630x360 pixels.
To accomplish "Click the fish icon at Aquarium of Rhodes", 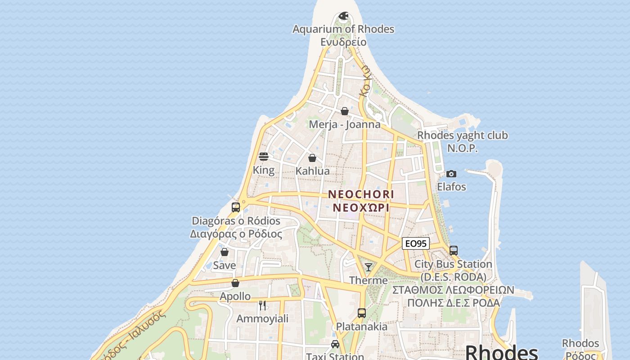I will click(343, 17).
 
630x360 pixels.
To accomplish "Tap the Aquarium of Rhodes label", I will click(343, 29).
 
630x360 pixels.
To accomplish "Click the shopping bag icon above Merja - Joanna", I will click(345, 111).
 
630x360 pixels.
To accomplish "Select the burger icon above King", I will click(264, 157).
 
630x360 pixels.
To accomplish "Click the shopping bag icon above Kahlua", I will click(312, 158).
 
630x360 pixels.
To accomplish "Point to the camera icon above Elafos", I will click(451, 174).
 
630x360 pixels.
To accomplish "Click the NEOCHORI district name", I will click(361, 194).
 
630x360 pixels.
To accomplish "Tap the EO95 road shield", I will click(415, 244).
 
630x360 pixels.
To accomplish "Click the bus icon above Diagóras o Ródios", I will click(236, 207).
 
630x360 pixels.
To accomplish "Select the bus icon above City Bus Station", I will click(454, 251).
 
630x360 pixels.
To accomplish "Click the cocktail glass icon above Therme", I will click(369, 267).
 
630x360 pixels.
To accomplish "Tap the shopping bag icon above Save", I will click(225, 252).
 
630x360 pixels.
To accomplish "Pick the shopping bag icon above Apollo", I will click(235, 283).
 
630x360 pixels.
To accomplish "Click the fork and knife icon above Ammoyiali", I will click(263, 306).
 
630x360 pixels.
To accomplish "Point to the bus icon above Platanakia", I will click(361, 313).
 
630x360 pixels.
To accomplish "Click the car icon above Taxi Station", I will click(335, 344).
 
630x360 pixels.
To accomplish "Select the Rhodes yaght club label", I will click(462, 135).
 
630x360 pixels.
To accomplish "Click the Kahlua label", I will click(312, 171).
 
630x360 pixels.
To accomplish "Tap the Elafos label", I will click(451, 186).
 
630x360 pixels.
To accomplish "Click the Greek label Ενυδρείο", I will click(343, 42).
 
